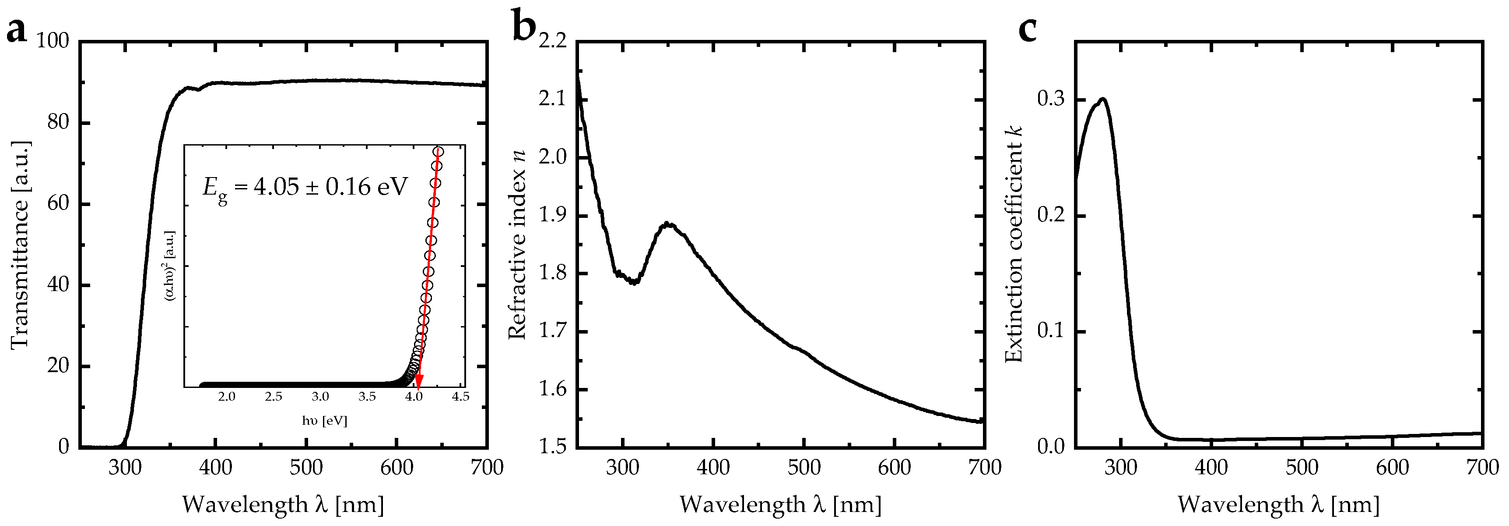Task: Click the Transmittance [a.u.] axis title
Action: click(20, 245)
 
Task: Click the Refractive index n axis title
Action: click(517, 245)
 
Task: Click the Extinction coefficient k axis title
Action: click(1014, 245)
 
